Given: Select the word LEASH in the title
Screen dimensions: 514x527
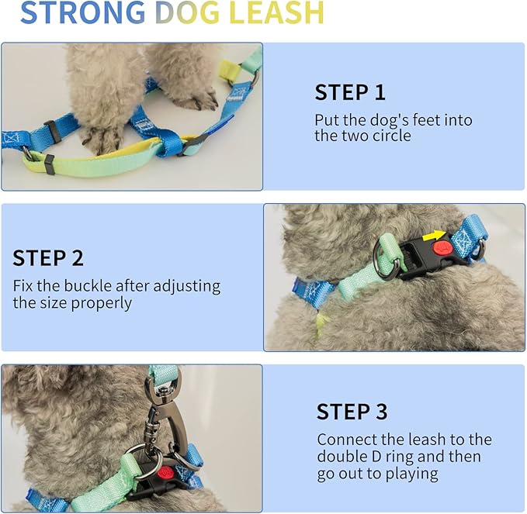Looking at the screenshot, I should pyautogui.click(x=276, y=13).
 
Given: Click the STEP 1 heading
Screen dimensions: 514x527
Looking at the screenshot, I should pyautogui.click(x=349, y=93).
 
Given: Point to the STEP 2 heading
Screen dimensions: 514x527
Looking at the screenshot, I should pyautogui.click(x=48, y=258).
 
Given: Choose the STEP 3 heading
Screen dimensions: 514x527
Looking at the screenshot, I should pyautogui.click(x=352, y=412).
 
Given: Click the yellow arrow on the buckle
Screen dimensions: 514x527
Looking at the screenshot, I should pyautogui.click(x=434, y=236).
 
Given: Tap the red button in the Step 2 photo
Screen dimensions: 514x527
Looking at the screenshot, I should pyautogui.click(x=442, y=248).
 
